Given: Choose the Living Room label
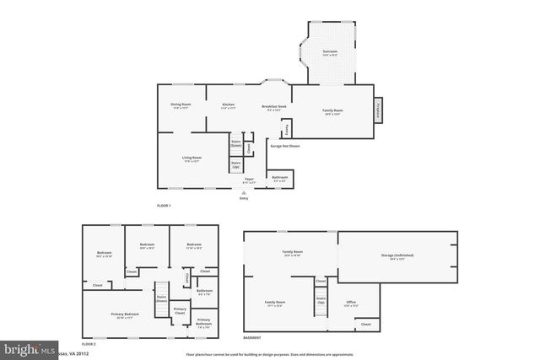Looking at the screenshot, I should coord(192,159).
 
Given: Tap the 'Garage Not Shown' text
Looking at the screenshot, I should coord(284,146).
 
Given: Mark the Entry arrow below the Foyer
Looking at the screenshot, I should coord(244,193).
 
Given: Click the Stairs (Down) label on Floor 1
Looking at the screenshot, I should coord(236,144).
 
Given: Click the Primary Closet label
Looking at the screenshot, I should coord(180,311).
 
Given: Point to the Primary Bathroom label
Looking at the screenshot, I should coord(204,321).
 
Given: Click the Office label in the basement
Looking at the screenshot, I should coord(351,303).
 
